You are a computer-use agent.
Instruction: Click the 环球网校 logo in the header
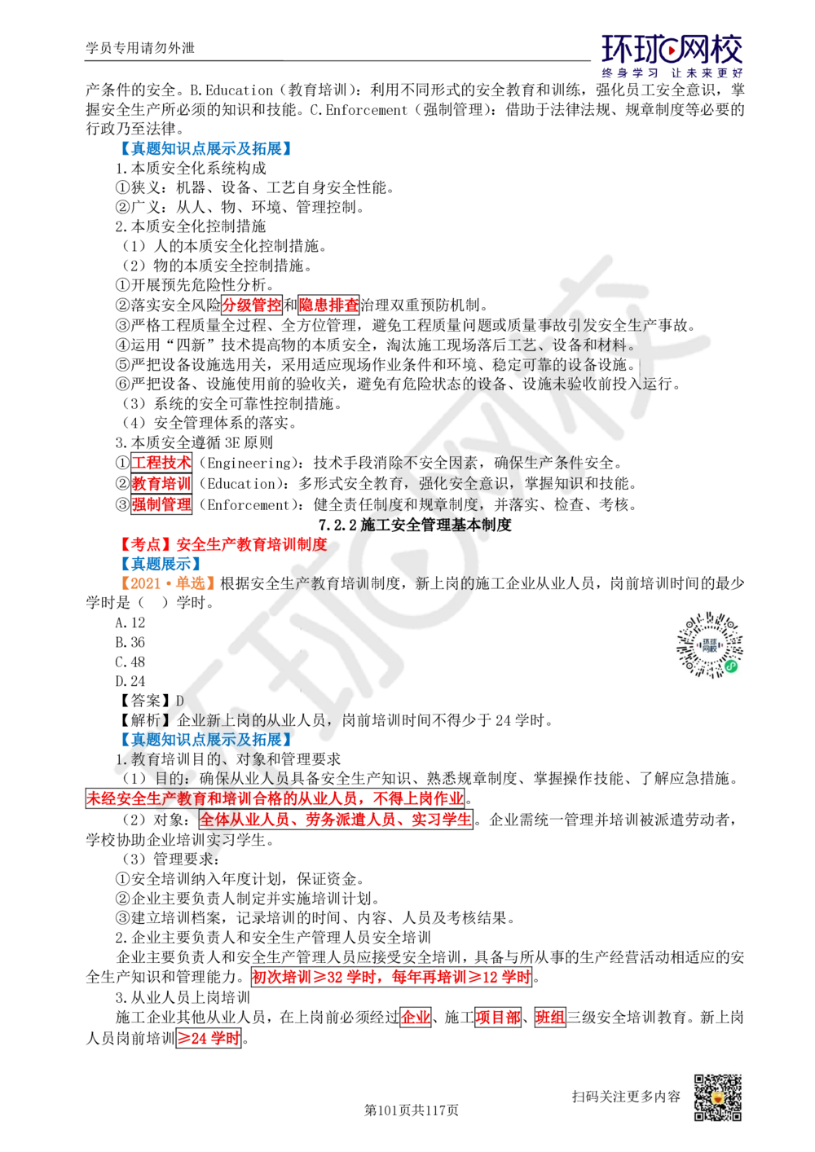[x=672, y=55]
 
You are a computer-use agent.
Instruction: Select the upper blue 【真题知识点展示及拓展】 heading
[x=205, y=147]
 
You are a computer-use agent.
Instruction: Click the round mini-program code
[x=710, y=644]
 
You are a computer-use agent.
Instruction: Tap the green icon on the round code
[x=732, y=666]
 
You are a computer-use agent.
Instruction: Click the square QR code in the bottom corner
[x=716, y=1097]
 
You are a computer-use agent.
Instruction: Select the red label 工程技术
[x=161, y=463]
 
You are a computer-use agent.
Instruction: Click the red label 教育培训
[x=161, y=483]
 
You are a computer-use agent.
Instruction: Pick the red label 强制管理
[x=161, y=504]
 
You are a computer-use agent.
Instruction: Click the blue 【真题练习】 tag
[x=161, y=563]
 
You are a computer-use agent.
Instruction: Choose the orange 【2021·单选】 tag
[x=166, y=583]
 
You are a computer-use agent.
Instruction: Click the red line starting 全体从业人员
[x=335, y=820]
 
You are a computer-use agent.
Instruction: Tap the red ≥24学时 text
[x=209, y=1038]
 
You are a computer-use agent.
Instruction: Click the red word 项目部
[x=498, y=1017]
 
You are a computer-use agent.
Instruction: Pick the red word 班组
[x=550, y=1017]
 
